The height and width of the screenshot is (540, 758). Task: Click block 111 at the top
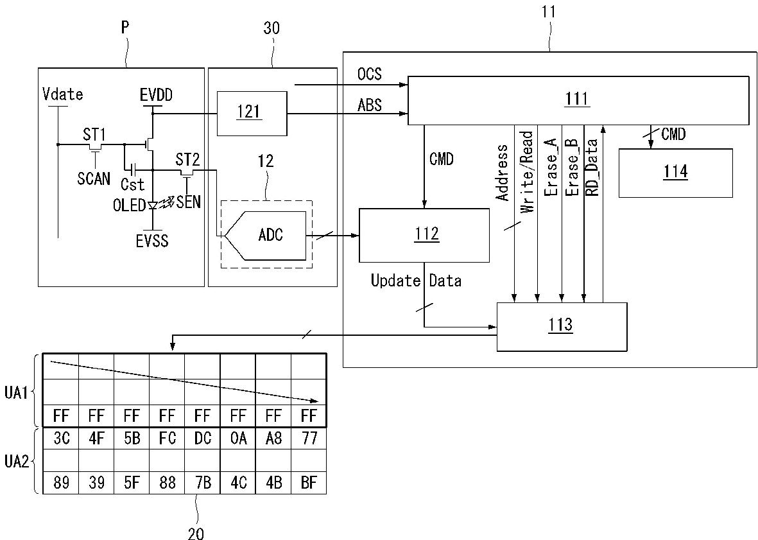click(x=577, y=100)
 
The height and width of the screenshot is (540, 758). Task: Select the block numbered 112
click(x=424, y=235)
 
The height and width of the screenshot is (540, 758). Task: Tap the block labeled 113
click(x=562, y=326)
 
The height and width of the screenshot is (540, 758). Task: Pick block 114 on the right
click(x=675, y=173)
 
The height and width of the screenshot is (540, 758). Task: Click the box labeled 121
click(x=252, y=113)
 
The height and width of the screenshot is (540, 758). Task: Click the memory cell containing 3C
click(x=61, y=438)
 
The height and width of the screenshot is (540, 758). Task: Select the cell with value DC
click(x=203, y=438)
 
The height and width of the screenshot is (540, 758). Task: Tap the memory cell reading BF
click(x=309, y=482)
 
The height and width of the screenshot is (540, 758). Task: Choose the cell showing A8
click(x=273, y=438)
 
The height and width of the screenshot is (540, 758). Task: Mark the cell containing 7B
click(x=203, y=482)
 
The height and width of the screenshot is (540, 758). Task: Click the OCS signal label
click(x=369, y=74)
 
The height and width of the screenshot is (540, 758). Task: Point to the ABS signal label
click(x=369, y=105)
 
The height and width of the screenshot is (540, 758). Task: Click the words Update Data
click(x=416, y=281)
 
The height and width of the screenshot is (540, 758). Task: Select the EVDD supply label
click(x=156, y=95)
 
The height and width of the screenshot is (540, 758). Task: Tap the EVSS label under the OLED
click(x=152, y=241)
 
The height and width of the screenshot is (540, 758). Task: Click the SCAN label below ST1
click(x=94, y=179)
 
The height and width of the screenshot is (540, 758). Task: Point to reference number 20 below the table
click(x=196, y=533)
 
